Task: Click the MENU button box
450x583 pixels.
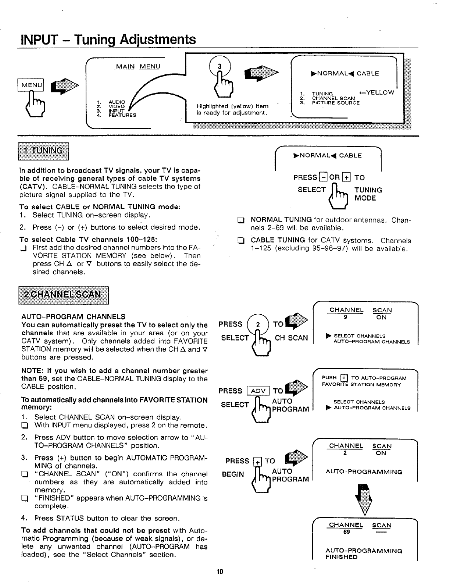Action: (x=32, y=85)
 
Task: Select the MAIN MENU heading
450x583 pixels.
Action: (x=138, y=67)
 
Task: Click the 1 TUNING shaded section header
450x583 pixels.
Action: (x=43, y=151)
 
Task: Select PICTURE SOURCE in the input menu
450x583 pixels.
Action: (x=335, y=103)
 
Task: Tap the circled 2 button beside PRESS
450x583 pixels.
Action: (x=258, y=324)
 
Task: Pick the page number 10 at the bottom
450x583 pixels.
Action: (x=220, y=572)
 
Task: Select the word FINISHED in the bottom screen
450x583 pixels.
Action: (x=341, y=557)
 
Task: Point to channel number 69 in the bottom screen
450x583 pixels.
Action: (x=346, y=532)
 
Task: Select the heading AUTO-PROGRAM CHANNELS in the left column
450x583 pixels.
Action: (x=73, y=317)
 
